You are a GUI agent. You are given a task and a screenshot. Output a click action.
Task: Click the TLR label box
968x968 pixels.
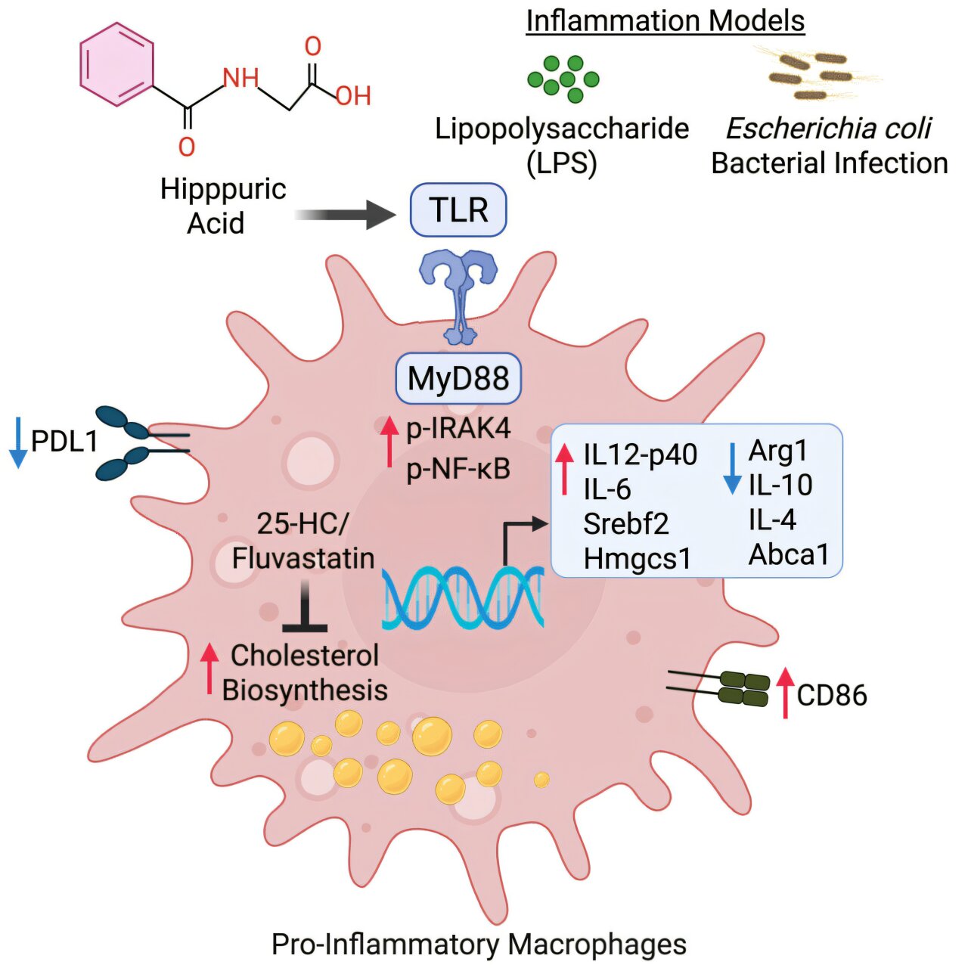(x=458, y=209)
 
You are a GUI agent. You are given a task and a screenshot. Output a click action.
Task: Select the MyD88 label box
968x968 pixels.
(x=458, y=377)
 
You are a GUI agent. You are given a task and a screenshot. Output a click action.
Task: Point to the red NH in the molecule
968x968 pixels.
(x=240, y=78)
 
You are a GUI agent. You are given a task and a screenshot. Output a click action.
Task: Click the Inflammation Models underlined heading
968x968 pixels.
(x=665, y=20)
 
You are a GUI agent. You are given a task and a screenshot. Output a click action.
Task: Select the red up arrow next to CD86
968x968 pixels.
(x=786, y=692)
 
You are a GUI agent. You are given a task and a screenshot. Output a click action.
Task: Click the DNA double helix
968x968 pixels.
(x=463, y=597)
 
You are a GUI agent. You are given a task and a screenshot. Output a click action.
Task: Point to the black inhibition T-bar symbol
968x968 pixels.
(x=304, y=609)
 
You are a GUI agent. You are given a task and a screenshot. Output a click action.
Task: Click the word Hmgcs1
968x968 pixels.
(x=637, y=558)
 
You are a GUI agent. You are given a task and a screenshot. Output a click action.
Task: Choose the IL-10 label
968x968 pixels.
(x=780, y=485)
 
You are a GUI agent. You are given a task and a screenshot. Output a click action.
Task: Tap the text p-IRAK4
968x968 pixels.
(x=458, y=428)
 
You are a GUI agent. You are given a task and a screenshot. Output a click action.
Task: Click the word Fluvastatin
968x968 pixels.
(x=302, y=558)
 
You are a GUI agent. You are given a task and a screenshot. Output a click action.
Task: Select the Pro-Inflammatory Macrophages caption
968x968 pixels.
(x=479, y=944)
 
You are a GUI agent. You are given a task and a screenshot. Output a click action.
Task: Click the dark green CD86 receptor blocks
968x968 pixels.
(x=743, y=688)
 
